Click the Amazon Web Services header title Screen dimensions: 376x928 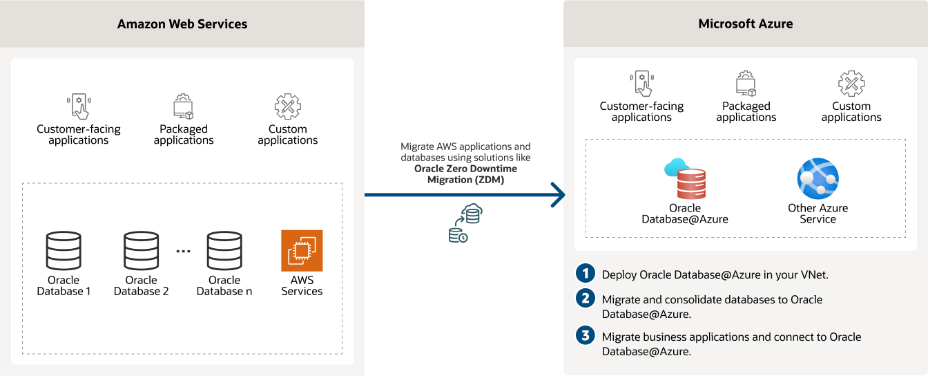click(182, 24)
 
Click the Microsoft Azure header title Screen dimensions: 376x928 click(745, 24)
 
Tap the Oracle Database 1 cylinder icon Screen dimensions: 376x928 click(64, 250)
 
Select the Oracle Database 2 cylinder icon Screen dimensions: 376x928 click(142, 250)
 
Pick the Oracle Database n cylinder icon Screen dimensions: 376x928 click(224, 250)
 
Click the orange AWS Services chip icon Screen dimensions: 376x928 click(302, 250)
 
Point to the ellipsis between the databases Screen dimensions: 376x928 click(183, 251)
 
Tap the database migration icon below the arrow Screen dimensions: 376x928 click(465, 224)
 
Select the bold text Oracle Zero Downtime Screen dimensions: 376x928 click(465, 169)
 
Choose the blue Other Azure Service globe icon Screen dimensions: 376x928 click(818, 179)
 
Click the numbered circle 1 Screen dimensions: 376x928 click(586, 273)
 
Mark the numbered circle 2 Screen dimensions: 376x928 click(586, 299)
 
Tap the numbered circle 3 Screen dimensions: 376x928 click(586, 336)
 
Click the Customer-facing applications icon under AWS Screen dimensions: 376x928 click(79, 106)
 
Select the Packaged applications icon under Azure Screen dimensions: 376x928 click(746, 84)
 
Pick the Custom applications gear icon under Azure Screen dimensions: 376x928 click(851, 84)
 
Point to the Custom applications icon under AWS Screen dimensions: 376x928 click(288, 106)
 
